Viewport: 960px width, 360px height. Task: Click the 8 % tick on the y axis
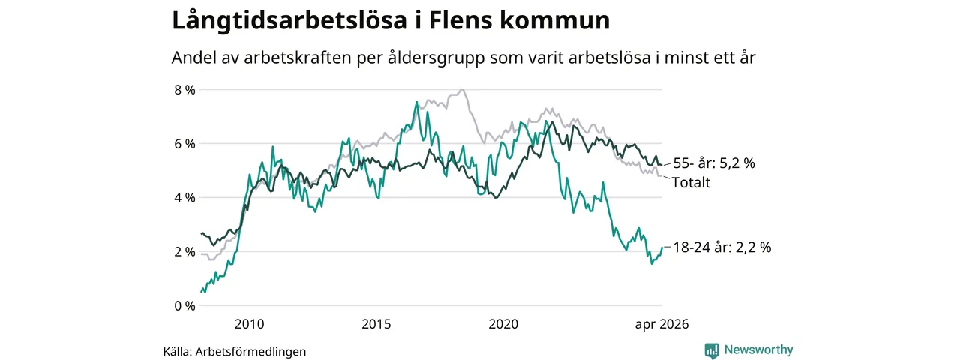(x=184, y=90)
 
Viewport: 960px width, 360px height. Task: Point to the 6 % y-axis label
(x=184, y=144)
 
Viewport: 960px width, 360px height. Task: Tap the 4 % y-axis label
(x=184, y=198)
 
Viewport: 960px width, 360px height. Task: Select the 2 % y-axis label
(x=184, y=252)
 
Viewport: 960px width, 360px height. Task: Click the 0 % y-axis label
(x=184, y=306)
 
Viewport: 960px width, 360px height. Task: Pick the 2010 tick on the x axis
(x=250, y=324)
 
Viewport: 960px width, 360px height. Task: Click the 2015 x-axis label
(x=376, y=324)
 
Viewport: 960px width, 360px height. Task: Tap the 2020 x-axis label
(x=503, y=324)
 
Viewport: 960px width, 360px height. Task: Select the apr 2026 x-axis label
(x=661, y=325)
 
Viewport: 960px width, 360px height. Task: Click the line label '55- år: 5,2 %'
(x=714, y=163)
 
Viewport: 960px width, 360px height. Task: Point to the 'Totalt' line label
(x=691, y=182)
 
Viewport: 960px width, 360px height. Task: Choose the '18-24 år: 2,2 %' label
(x=722, y=247)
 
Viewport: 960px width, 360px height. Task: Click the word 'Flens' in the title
(x=460, y=20)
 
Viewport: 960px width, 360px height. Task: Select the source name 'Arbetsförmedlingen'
(x=250, y=352)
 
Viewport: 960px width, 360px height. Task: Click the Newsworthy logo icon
(x=712, y=350)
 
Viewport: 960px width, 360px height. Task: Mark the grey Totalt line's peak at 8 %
(x=462, y=89)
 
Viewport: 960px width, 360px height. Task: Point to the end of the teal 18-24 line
(x=662, y=247)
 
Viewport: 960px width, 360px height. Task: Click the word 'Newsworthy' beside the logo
(x=758, y=349)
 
